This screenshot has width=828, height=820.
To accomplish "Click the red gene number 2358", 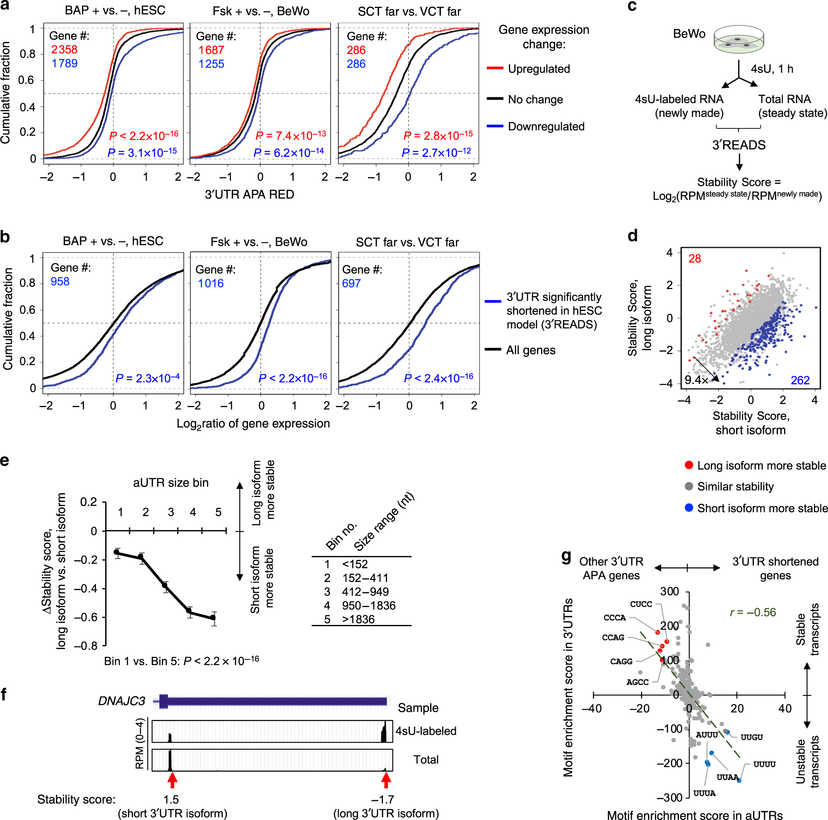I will (64, 50).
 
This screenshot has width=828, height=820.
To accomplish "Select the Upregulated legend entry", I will (538, 69).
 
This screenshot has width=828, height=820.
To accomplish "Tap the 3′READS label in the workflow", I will (739, 145).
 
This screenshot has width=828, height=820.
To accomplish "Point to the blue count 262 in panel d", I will (799, 380).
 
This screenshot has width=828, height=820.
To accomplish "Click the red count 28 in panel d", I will (694, 258).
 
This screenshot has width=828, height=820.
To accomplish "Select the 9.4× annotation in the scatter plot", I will (696, 380).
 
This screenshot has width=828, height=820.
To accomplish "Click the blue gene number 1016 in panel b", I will (210, 283).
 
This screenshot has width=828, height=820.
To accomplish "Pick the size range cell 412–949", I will (365, 591).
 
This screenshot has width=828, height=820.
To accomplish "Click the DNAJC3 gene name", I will (122, 701).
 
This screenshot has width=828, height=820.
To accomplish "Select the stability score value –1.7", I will (382, 799).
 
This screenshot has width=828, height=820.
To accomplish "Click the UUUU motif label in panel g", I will (764, 764).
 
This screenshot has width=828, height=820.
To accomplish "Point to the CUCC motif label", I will (641, 604).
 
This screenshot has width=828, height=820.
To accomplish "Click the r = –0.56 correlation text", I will (753, 612).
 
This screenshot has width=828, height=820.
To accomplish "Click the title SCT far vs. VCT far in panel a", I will (409, 12).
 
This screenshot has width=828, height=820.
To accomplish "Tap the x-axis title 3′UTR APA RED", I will (249, 195).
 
